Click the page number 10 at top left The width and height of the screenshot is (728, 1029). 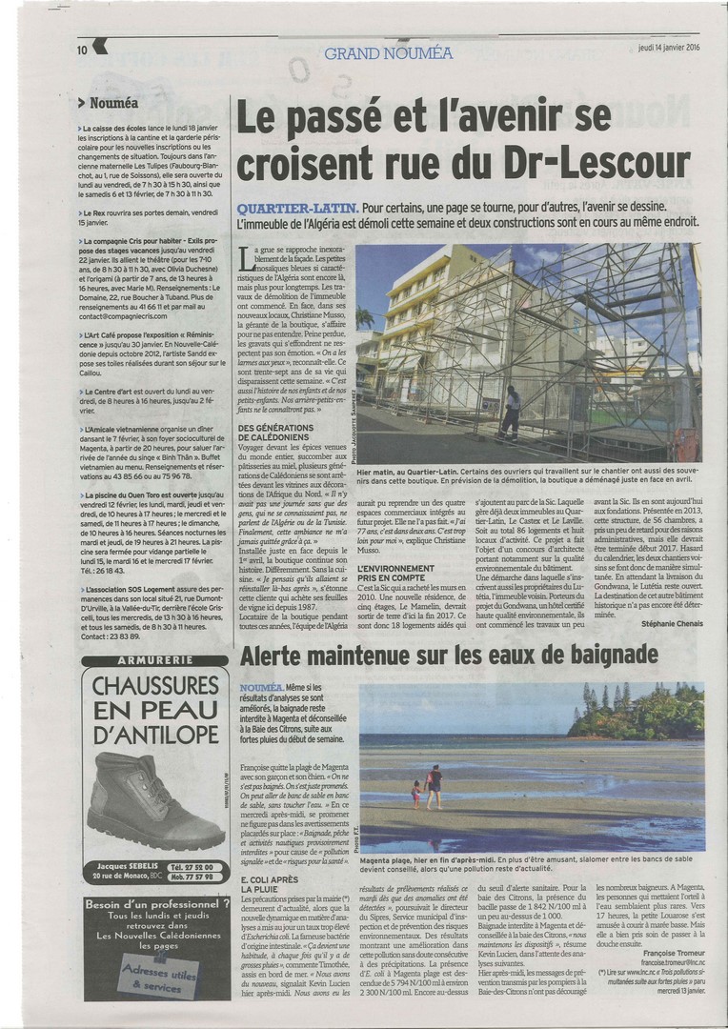(83, 50)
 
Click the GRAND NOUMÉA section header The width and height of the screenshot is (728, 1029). (389, 52)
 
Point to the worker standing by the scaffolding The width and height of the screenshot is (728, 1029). (512, 411)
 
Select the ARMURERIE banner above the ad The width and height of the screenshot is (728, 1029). (155, 659)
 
